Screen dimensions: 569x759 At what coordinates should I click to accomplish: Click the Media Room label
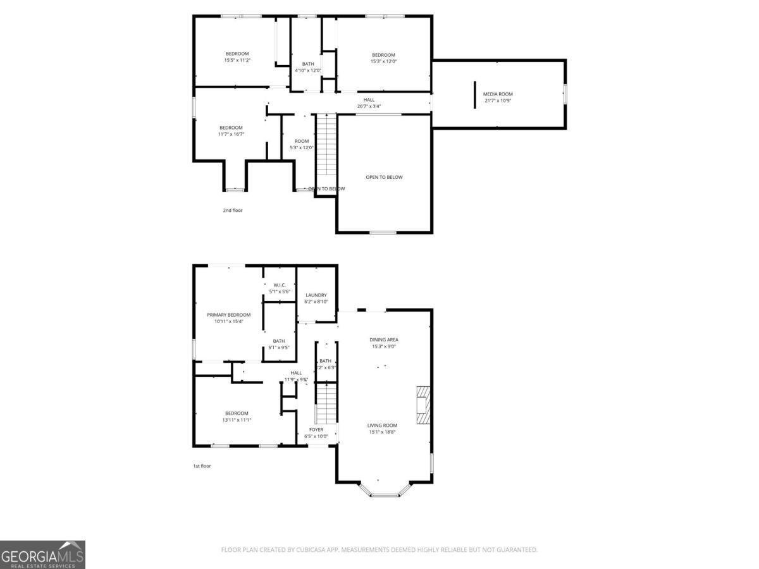coord(498,94)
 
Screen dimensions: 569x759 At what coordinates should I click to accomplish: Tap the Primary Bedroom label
coord(228,315)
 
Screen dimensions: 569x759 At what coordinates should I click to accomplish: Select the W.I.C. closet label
coord(280,285)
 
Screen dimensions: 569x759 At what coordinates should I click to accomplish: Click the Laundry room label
coord(316,295)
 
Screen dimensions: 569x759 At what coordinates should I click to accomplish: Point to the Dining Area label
coord(384,340)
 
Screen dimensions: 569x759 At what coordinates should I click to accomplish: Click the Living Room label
coord(382,425)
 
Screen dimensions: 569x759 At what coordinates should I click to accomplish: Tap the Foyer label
coord(316,430)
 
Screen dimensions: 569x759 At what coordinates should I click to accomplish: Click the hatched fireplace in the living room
coord(423,403)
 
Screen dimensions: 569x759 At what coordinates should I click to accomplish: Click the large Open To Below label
coord(384,177)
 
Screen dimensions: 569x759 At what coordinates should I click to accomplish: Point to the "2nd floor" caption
coord(232,210)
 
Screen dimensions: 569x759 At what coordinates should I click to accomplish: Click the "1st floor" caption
coord(202,466)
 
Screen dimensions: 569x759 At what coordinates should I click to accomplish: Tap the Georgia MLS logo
coord(42,554)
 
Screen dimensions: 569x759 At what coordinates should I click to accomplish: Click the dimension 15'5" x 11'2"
coord(237,61)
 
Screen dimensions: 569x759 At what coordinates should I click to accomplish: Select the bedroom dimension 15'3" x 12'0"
coord(383,61)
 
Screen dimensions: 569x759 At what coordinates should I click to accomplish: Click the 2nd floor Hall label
coord(369,99)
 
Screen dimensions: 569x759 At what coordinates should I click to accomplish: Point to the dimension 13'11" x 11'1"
coord(237,420)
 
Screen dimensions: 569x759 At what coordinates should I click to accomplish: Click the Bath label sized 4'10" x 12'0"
coord(307,64)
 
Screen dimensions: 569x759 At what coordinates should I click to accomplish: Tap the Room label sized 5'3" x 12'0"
coord(302,141)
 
